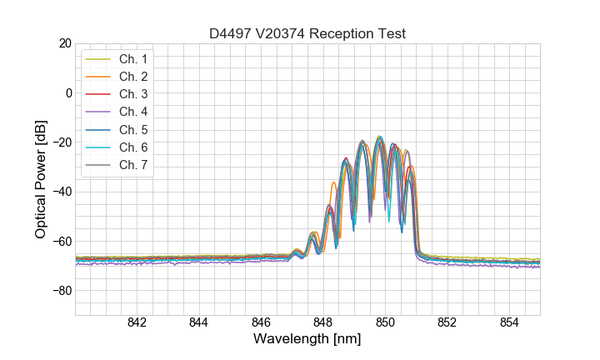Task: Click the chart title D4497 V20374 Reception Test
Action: [x=307, y=34]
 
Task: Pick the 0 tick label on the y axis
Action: [x=69, y=92]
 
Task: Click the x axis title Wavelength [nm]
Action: [x=307, y=340]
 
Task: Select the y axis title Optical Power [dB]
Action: [x=41, y=179]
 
